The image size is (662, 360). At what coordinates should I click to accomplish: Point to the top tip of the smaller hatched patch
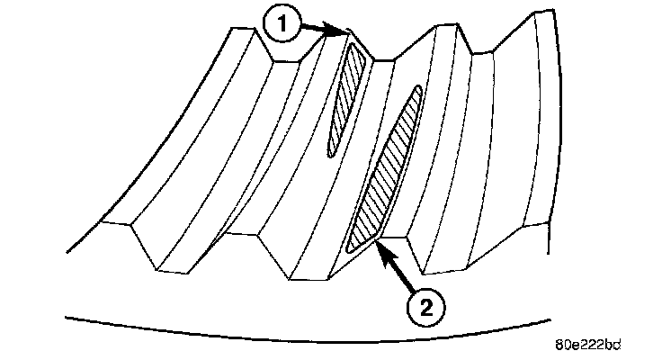tap(358, 47)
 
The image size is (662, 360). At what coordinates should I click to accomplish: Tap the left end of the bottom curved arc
tap(67, 316)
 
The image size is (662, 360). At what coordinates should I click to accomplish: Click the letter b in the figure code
tap(608, 344)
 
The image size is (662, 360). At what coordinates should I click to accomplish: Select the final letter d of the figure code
tap(617, 344)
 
